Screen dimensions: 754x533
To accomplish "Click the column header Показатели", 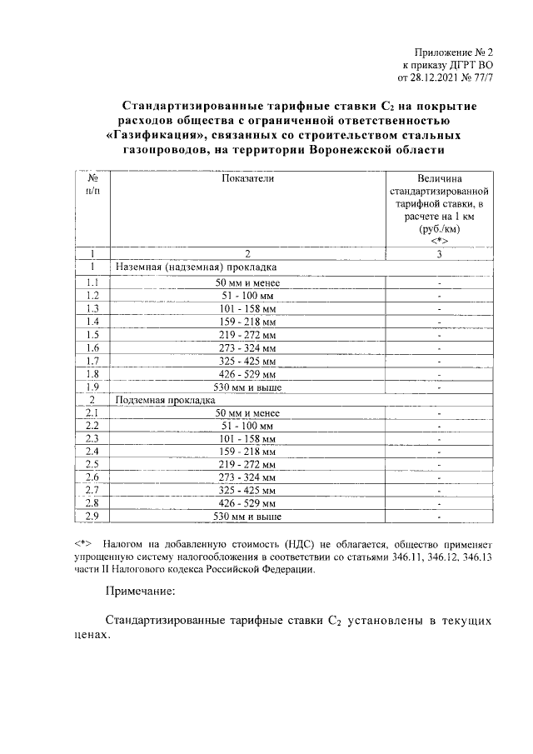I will pos(247,178).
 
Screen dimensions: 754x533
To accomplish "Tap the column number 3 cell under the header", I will pos(438,253).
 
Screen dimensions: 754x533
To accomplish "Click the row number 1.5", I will pos(92,333).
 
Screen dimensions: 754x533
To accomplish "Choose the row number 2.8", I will pos(92,505).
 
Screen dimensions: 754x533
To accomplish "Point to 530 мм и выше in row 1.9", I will pos(247,387).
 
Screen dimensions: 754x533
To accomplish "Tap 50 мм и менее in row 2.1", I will pos(247,412).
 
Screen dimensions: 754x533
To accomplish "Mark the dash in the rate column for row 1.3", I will pos(438,307).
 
